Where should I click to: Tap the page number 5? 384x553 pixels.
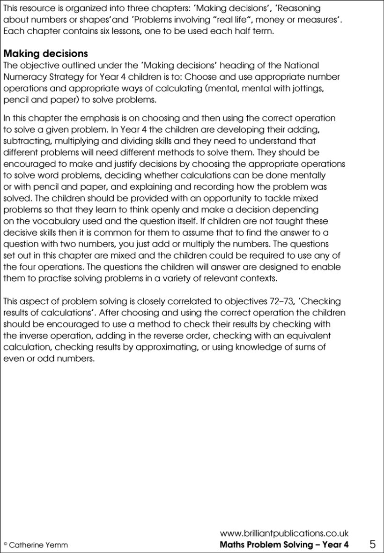click(x=372, y=544)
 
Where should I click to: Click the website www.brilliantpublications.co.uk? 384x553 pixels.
click(x=284, y=533)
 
